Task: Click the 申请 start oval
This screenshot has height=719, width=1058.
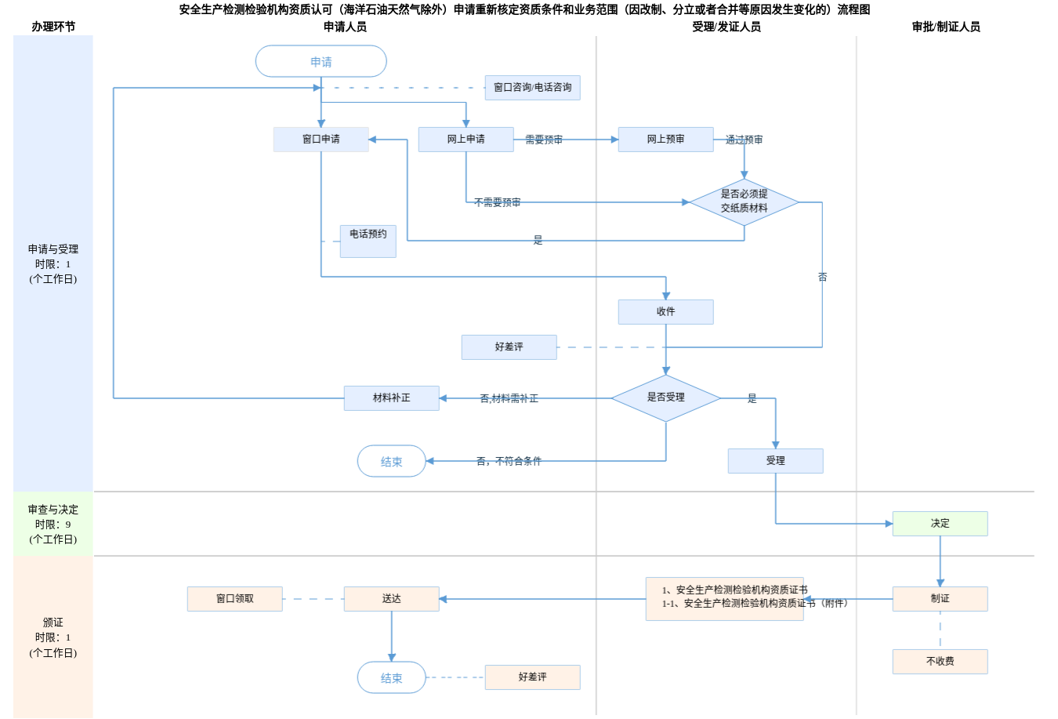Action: click(x=321, y=61)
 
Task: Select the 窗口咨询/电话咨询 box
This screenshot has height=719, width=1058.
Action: click(x=532, y=88)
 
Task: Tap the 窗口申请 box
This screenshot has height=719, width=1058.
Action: click(x=321, y=140)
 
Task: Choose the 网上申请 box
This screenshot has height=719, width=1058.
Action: click(x=466, y=140)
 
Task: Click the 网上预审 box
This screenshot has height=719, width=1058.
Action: click(x=665, y=140)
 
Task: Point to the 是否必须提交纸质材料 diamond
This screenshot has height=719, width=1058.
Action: click(x=744, y=202)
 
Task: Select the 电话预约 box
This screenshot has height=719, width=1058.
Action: click(x=368, y=241)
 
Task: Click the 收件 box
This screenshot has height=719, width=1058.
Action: click(x=665, y=312)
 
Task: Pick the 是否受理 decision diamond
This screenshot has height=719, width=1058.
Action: click(x=665, y=398)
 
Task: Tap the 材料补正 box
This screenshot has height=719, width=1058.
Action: click(x=391, y=398)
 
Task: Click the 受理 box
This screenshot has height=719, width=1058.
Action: click(x=775, y=461)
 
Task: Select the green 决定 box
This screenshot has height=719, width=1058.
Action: click(x=940, y=524)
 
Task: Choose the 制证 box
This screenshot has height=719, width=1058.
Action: click(x=940, y=598)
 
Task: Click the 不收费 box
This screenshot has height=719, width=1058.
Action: click(x=940, y=661)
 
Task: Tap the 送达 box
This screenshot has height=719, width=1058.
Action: click(x=391, y=598)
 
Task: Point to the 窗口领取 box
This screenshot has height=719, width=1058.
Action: click(x=234, y=598)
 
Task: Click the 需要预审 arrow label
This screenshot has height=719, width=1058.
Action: click(x=544, y=140)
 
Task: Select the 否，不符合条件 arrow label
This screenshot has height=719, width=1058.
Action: click(x=509, y=461)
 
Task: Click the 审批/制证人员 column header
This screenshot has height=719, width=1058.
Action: click(x=945, y=27)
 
